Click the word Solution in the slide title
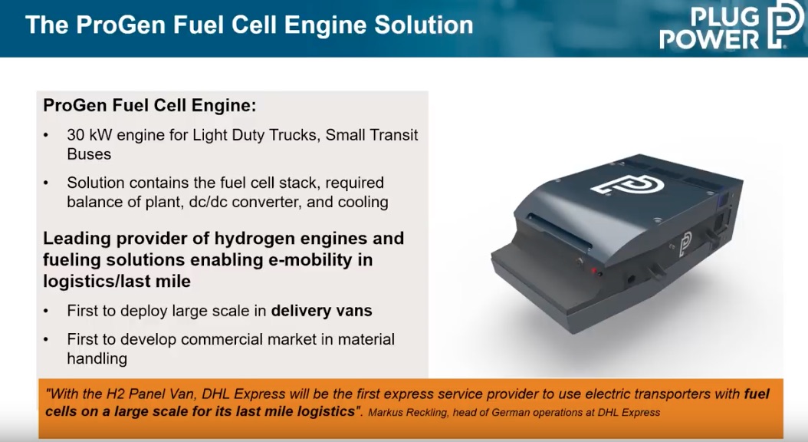[424, 25]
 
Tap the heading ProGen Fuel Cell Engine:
[149, 105]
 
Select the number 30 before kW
[76, 135]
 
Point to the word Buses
[89, 154]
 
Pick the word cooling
[363, 202]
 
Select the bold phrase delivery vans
[321, 311]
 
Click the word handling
[97, 358]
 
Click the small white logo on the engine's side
[685, 243]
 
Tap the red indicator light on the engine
[593, 270]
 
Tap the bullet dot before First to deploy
[46, 312]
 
